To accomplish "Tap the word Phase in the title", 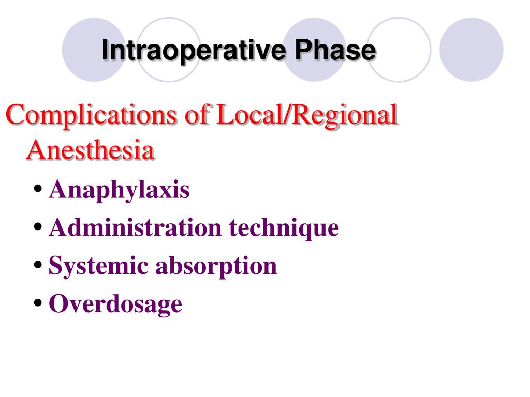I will (335, 51).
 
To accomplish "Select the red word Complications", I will (92, 115).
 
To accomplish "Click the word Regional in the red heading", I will (345, 116).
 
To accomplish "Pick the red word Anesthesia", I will (91, 150).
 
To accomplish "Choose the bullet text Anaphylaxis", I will (119, 190).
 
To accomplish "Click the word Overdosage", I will (115, 303).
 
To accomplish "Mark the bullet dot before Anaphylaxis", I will (38, 190).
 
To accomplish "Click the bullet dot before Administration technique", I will (38, 227).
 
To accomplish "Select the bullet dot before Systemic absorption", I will (38, 266).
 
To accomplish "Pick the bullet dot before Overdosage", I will (38, 303).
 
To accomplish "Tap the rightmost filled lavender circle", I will (471, 50).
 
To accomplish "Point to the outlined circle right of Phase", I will (399, 50).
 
